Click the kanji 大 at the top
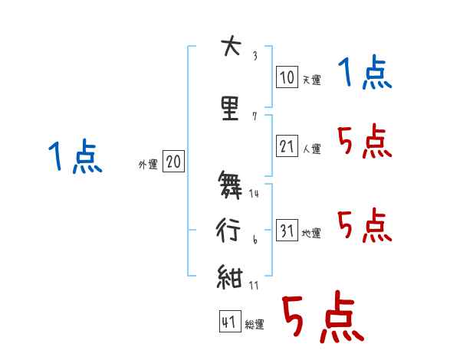229,47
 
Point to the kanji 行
229,227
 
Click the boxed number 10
286,77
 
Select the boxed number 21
287,146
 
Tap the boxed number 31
287,231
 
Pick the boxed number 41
229,322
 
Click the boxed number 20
174,162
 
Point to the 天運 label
311,79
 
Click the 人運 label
311,149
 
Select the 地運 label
311,233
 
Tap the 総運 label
254,324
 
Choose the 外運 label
147,164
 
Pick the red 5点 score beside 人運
364,142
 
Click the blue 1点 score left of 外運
75,157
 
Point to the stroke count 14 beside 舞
255,193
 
